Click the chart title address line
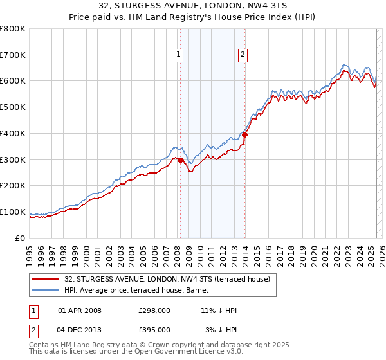point(193,6)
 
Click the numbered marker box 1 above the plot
point(178,55)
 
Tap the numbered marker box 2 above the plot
point(243,55)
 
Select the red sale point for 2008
point(180,160)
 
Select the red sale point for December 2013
point(245,134)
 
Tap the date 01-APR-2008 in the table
point(80,310)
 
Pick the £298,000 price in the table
point(154,310)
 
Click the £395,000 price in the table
point(154,330)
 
